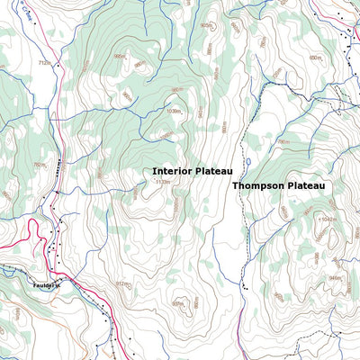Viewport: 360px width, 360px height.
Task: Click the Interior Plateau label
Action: coord(193,170)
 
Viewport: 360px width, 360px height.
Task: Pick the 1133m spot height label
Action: coord(162,183)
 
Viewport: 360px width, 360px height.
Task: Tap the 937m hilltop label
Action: coord(176,303)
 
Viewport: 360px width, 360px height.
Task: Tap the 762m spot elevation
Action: coord(39,165)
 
